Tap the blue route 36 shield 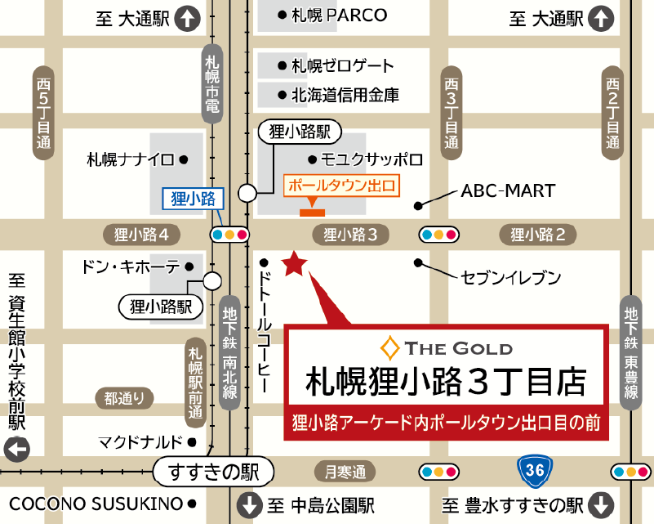(536, 471)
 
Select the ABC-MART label (508, 191)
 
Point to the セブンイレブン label (511, 278)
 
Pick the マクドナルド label (140, 442)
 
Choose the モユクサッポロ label (371, 159)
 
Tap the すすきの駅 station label (211, 472)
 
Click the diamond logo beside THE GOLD (392, 347)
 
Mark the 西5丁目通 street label (43, 114)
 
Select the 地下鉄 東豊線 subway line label (630, 352)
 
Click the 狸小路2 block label (538, 235)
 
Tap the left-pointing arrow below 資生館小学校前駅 (17, 449)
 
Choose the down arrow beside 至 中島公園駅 (247, 503)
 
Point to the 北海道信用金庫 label (345, 95)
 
